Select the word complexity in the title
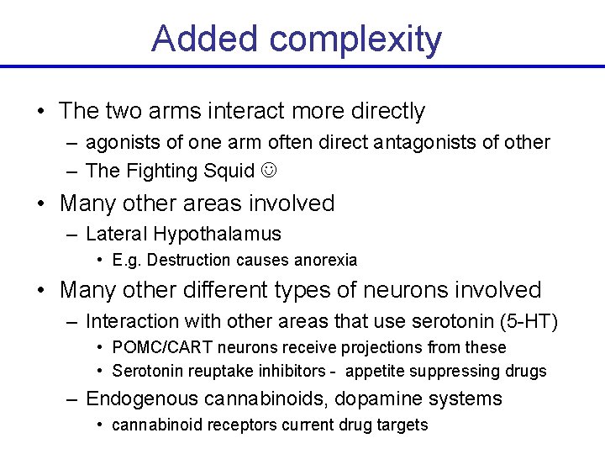(356, 40)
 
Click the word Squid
(228, 171)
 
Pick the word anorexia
(324, 261)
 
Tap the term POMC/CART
(155, 347)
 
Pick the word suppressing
(455, 371)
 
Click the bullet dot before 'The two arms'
(40, 112)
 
